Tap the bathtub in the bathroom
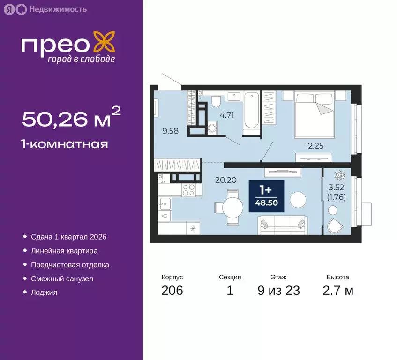click(251, 111)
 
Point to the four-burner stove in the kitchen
click(188, 190)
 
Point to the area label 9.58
click(171, 131)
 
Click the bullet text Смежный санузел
click(62, 278)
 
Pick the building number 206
click(172, 291)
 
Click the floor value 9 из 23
click(278, 291)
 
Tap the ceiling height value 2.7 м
click(337, 291)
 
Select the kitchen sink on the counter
click(165, 202)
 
